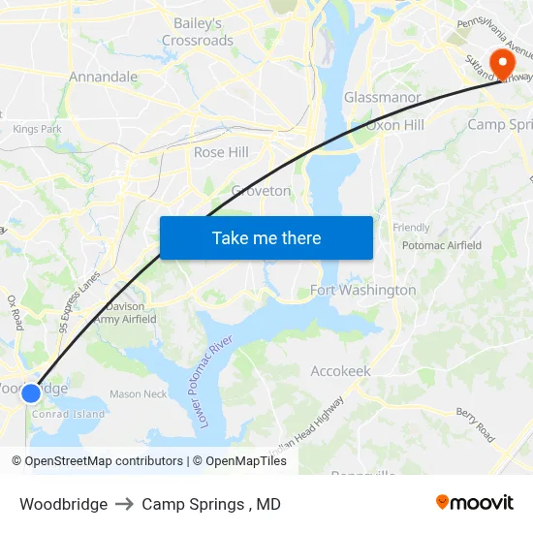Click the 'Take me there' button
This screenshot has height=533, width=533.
(266, 237)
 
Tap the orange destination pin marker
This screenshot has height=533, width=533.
(502, 64)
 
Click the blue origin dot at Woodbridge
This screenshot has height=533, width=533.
(31, 392)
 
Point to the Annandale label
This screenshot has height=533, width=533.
(103, 77)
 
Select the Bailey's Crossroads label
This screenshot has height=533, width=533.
(198, 32)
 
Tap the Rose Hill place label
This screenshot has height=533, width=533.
(221, 152)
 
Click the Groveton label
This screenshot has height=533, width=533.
(261, 191)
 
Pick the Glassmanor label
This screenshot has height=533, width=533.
(382, 98)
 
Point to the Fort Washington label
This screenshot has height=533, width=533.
(362, 290)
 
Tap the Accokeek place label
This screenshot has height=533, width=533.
(340, 371)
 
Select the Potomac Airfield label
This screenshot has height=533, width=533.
(441, 245)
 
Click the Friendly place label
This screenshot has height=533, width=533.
(411, 228)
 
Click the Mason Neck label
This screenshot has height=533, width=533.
(138, 393)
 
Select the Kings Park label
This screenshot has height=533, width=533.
(37, 129)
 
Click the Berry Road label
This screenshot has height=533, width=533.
(477, 423)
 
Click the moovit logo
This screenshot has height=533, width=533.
(475, 503)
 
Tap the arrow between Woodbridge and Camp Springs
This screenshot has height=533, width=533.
(124, 504)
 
